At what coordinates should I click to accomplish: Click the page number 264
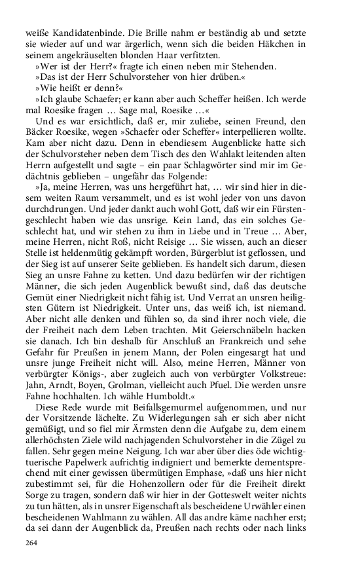pyautogui.click(x=32, y=543)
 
